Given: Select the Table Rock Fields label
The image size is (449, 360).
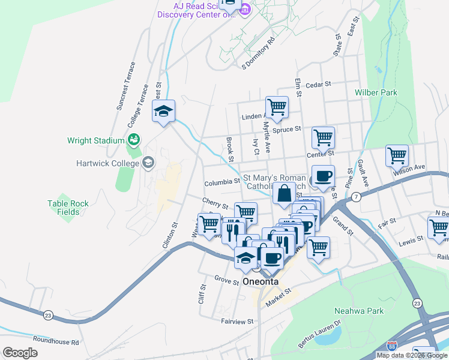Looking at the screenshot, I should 68,208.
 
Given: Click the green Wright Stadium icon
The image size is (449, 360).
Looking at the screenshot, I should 134,140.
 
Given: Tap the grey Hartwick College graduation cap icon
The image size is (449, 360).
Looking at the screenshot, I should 148,163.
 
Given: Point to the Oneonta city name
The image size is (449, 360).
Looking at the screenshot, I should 261,282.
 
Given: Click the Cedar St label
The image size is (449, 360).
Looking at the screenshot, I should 318,85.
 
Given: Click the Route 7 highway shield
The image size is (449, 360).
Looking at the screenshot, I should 356,197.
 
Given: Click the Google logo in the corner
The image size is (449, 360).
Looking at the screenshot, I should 20,353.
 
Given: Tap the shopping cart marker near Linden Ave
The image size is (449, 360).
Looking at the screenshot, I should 277,107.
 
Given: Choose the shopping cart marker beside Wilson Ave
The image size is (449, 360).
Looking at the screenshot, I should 397,155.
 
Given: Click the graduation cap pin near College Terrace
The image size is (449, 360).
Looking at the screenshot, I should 163,111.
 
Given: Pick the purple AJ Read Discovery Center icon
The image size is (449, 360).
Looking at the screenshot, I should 245,10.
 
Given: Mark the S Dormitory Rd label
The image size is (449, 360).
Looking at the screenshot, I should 258,53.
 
